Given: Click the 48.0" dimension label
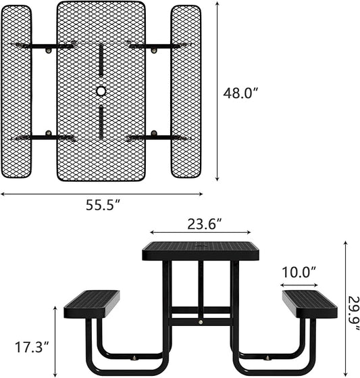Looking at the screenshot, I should point(241,94).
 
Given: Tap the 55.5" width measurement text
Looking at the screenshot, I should point(103,205).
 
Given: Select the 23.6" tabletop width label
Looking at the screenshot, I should point(201,223).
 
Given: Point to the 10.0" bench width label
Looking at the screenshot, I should point(299,273).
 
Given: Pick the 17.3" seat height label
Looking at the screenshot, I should point(32,348).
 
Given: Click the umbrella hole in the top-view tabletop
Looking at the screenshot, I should point(101,91).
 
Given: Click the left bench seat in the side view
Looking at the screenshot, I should point(92,303).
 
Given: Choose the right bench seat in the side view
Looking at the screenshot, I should point(309,303).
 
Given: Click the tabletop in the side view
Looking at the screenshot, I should point(201,251).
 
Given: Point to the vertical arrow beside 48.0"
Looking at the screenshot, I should point(217,91).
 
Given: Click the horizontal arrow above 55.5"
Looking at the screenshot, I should point(101,193).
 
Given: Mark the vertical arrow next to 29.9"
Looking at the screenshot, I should point(345,308).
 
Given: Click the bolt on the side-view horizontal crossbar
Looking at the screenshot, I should point(201,323).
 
